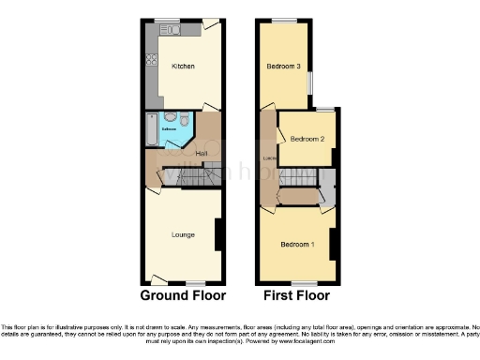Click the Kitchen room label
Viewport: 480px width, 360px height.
click(183, 67)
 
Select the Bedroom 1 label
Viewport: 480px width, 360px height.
click(298, 245)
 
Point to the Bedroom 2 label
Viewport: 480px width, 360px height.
click(307, 139)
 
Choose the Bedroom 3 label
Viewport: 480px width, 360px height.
click(283, 67)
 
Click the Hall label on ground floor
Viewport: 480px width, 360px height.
click(201, 153)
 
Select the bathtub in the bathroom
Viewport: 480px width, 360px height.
click(151, 132)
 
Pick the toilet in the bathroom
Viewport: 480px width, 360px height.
click(186, 120)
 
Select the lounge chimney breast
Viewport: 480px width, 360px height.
click(218, 234)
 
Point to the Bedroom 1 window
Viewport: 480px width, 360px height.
click(302, 282)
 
